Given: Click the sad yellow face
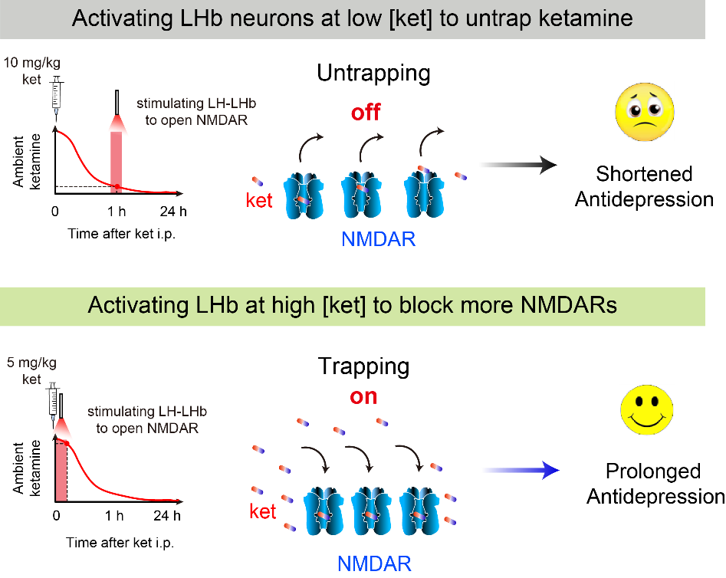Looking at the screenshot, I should click(x=645, y=111).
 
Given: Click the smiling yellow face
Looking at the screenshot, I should click(x=646, y=410).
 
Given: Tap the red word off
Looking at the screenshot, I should click(x=366, y=113).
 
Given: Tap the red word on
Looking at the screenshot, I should click(x=363, y=396).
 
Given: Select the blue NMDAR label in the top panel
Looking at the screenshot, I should click(x=379, y=239).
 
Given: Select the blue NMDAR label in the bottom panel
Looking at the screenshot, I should click(x=374, y=564).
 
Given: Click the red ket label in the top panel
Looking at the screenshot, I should click(x=259, y=201).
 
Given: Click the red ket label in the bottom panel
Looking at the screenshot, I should click(x=262, y=511).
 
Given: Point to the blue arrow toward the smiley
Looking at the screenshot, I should click(x=520, y=469).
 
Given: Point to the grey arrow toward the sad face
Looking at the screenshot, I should click(x=516, y=164).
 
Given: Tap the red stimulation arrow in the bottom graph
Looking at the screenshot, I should click(x=62, y=460).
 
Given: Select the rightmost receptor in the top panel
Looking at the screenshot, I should click(x=422, y=195).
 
